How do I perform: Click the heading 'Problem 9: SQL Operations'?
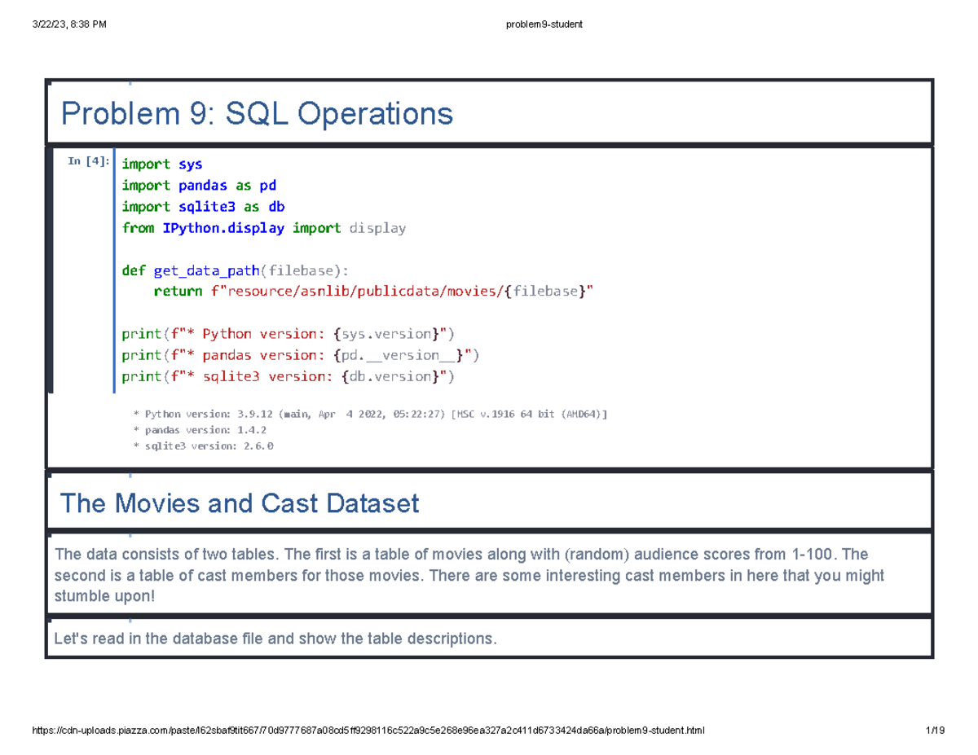coord(257,113)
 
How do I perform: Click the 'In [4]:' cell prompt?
coord(87,161)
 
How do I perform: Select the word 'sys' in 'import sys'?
coord(190,164)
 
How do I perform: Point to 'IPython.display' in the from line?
coord(223,228)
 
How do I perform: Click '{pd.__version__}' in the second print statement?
coord(399,355)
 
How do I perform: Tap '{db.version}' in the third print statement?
coord(387,376)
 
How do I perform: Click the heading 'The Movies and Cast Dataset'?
coord(240,503)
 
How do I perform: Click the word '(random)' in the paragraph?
coord(588,555)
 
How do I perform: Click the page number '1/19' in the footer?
coord(934,731)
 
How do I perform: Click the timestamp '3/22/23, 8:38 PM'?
coord(69,24)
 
